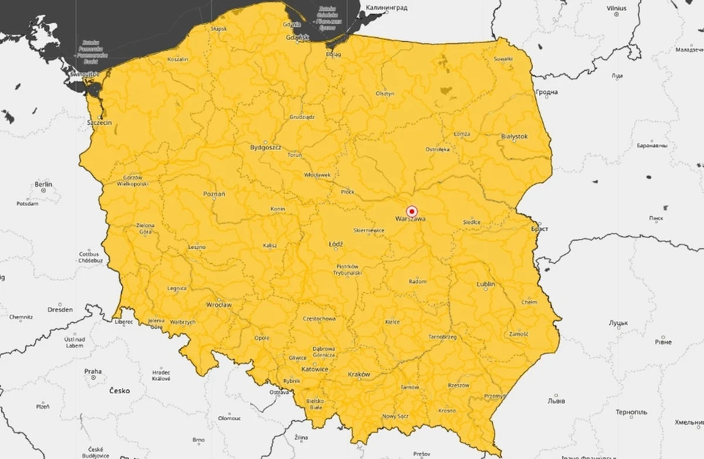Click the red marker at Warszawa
point(412,211)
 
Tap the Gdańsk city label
point(297,38)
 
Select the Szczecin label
point(99,123)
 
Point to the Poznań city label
point(214,194)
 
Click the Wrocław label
point(219,305)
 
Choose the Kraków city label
point(359,374)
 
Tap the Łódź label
point(336,244)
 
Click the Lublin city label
point(486,284)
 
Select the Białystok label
point(515,137)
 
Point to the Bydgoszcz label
point(266,148)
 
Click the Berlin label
point(43,184)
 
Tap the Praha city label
point(93,371)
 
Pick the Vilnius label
point(617,8)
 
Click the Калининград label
point(386,8)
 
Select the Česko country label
point(119,390)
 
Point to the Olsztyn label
point(385,94)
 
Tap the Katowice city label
point(315,369)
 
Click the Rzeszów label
point(459,385)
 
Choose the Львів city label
point(556,402)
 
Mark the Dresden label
point(60,310)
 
